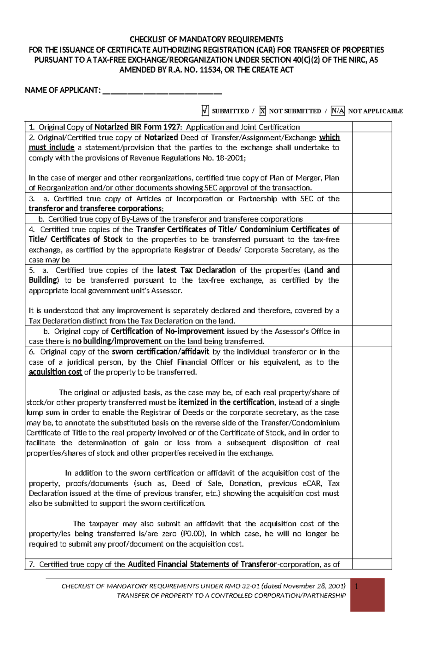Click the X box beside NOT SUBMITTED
262,111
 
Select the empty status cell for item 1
372,127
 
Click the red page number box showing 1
367,595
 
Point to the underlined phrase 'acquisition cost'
55,372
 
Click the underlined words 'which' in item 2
329,138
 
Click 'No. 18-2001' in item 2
223,158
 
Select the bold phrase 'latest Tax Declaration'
196,270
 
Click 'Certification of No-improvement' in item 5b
167,332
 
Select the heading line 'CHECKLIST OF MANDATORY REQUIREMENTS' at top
206,39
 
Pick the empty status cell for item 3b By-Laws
372,219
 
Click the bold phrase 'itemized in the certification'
226,402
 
